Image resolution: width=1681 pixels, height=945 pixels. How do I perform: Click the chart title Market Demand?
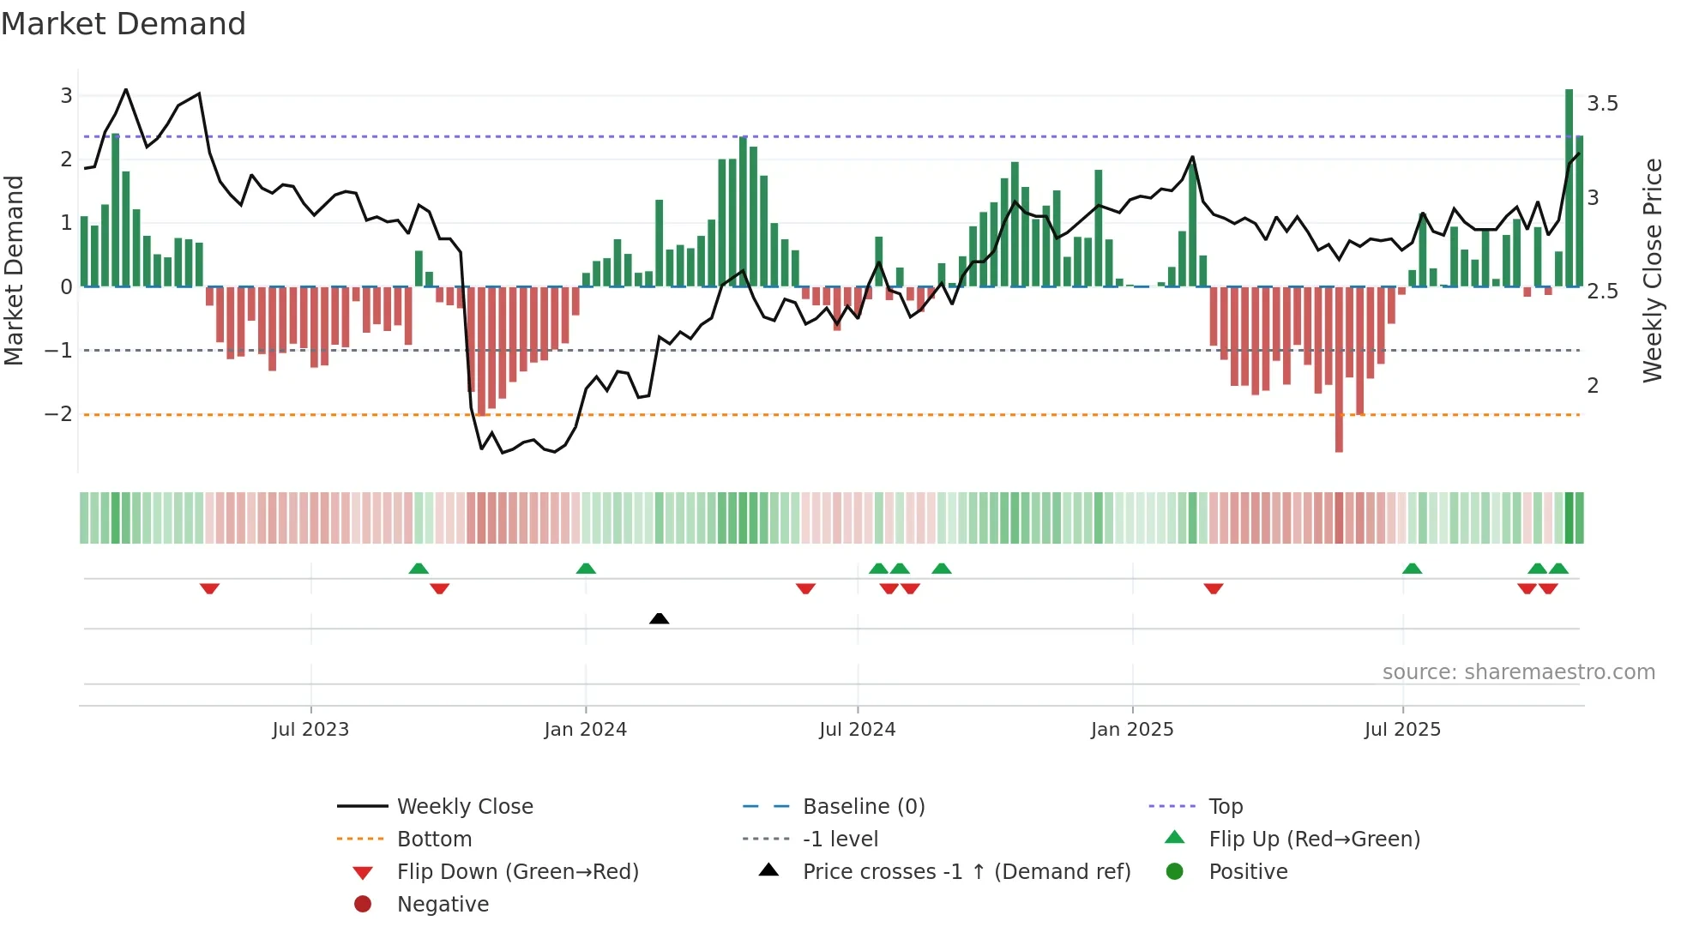point(124,24)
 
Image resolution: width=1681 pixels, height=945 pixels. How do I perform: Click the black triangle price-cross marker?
point(659,618)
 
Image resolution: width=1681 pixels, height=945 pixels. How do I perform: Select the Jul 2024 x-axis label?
point(857,730)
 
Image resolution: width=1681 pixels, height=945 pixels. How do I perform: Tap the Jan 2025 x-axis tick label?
point(1131,730)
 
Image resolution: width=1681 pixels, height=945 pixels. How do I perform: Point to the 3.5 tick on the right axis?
point(1602,104)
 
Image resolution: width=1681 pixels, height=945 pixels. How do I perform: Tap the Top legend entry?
point(1225,806)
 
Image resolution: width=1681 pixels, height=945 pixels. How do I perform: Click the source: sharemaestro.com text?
point(1518,671)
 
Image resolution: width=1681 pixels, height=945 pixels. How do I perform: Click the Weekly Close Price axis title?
point(1652,270)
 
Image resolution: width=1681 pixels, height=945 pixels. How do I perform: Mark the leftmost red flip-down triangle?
point(209,588)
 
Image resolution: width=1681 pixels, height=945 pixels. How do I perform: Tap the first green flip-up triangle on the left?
point(419,569)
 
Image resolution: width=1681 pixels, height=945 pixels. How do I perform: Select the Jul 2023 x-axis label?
point(310,730)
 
